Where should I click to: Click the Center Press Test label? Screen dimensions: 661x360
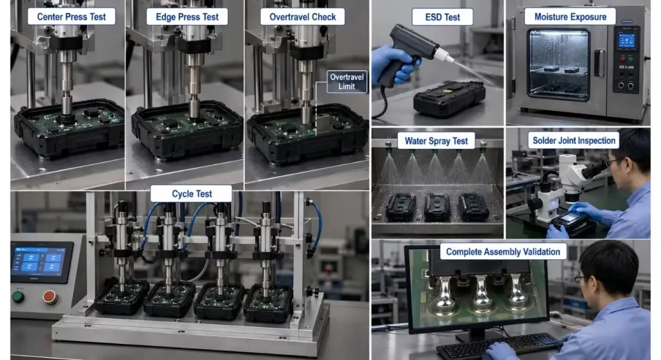pos(71,17)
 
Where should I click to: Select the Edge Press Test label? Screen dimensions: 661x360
pos(187,17)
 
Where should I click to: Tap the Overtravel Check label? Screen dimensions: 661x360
pos(302,17)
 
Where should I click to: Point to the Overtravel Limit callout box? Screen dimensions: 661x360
pos(347,81)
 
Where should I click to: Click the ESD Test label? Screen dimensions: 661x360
pos(442,17)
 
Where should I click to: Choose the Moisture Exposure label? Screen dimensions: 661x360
pos(570,17)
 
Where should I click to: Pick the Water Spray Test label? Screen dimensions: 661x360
pos(436,141)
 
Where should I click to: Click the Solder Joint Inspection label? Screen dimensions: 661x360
pos(574,141)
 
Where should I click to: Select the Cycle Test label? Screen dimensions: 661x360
pos(191,194)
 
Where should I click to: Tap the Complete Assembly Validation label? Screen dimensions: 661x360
pos(503,252)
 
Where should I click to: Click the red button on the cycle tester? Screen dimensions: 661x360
pos(49,297)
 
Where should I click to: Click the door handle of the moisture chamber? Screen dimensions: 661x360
pos(599,63)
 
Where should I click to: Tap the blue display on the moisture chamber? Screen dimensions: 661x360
pos(626,41)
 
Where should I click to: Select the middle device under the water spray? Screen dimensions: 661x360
pos(437,207)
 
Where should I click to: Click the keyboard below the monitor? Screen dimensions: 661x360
pos(500,346)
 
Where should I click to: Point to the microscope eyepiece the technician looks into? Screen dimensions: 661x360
pos(595,168)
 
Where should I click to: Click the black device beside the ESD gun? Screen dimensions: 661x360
pos(449,98)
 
